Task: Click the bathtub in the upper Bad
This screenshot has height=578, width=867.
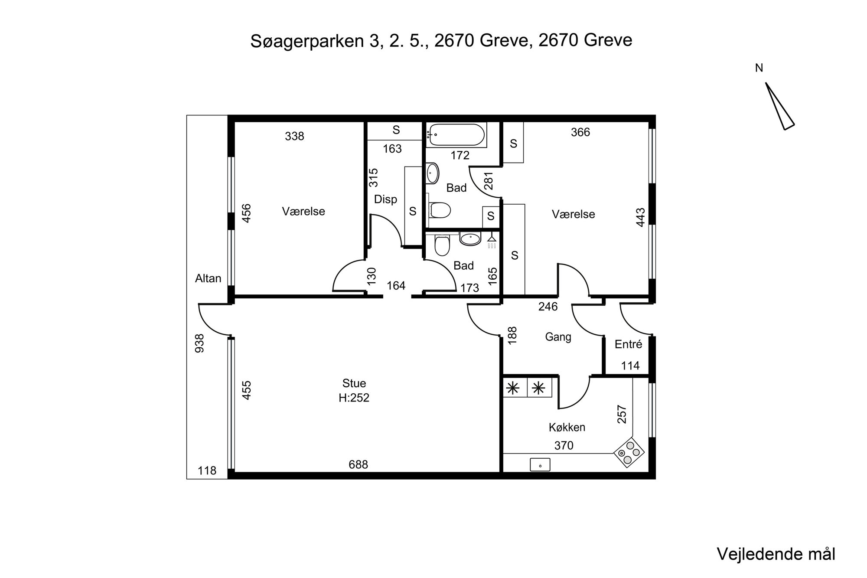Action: point(456,135)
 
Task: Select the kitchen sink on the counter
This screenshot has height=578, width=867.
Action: point(540,465)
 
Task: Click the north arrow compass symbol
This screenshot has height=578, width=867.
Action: point(779,106)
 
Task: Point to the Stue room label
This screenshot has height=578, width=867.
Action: point(354,383)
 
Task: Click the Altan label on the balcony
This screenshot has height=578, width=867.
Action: point(208,278)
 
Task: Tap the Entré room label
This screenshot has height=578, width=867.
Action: point(628,344)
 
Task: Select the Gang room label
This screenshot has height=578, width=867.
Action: point(558,337)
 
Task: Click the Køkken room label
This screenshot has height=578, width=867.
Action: point(567,427)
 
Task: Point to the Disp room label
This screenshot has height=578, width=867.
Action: point(385,199)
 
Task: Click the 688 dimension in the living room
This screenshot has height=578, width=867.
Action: point(359,465)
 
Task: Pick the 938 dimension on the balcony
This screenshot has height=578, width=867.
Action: point(200,343)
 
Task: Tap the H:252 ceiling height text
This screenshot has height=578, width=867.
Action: point(354,398)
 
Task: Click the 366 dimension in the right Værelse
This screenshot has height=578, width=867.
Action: point(580,132)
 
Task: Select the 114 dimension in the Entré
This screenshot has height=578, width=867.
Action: point(630,366)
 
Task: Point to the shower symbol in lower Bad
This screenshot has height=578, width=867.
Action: point(491,242)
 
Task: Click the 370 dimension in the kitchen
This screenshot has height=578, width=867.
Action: point(564,445)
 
